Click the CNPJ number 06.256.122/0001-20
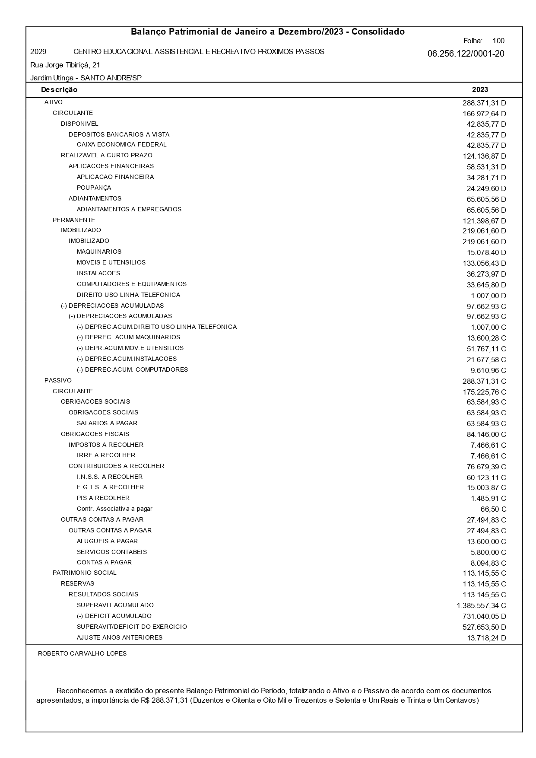466,54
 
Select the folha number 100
498,41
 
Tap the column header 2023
480,90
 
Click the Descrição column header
59,90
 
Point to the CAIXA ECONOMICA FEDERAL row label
121,145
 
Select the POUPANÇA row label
94,188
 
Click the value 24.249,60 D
486,188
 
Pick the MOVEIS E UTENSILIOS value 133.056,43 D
484,263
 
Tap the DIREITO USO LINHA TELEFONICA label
128,295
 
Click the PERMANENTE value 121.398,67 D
484,221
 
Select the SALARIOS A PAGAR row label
107,424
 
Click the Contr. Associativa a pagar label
114,509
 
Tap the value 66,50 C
493,510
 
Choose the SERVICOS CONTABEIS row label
111,552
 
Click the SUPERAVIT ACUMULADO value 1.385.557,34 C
481,606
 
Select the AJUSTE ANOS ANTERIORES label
119,638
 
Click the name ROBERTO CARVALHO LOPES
82,654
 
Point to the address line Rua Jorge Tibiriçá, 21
65,65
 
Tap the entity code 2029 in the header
38,52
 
